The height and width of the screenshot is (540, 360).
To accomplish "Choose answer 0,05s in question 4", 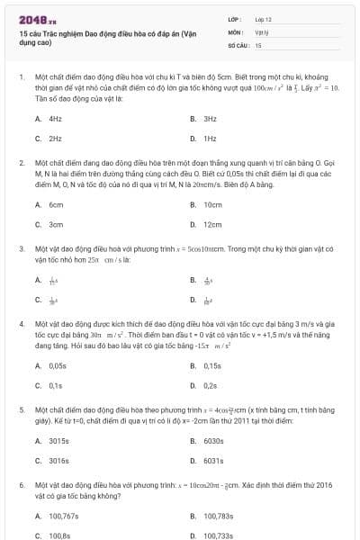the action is point(58,365).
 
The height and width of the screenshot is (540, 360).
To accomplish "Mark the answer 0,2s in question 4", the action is point(211,385).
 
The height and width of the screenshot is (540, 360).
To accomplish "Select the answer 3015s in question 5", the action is point(58,440).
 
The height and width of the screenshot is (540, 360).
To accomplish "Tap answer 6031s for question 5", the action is point(213,460).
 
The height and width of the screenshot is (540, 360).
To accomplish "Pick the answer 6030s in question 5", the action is point(213,440).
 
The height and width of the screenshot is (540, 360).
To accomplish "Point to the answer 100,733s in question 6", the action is point(219,535).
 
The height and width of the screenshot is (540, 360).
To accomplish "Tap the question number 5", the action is point(21,409).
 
